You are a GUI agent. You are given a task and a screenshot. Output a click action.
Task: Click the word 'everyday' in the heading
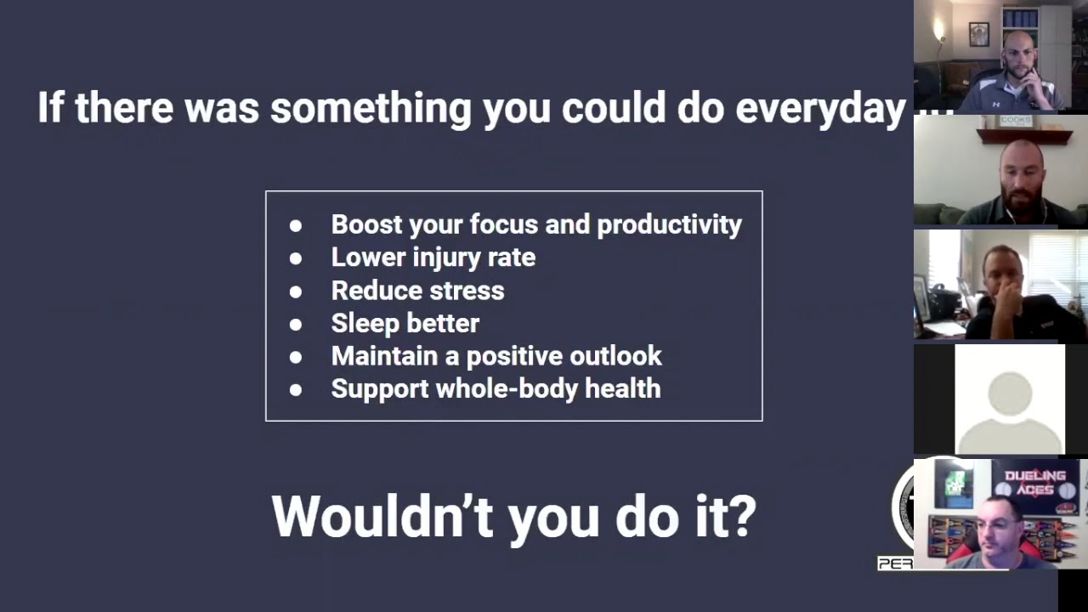(x=819, y=109)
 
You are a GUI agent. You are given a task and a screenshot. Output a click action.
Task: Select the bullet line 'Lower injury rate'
(x=433, y=257)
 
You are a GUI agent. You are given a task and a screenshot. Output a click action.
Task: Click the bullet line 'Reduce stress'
(x=417, y=290)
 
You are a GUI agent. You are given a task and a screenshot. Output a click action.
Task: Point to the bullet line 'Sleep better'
(x=405, y=323)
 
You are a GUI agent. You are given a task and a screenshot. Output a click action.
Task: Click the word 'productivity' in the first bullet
(x=669, y=224)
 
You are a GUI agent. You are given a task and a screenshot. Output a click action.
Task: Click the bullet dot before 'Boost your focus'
(x=296, y=225)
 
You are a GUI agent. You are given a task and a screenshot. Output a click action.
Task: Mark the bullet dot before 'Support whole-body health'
(x=296, y=389)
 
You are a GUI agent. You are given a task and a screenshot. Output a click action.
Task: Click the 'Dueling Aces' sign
(x=1034, y=482)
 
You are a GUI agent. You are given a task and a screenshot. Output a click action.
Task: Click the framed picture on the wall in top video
(x=979, y=34)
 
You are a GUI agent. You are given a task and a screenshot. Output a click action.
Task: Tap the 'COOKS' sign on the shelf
(x=1016, y=122)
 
